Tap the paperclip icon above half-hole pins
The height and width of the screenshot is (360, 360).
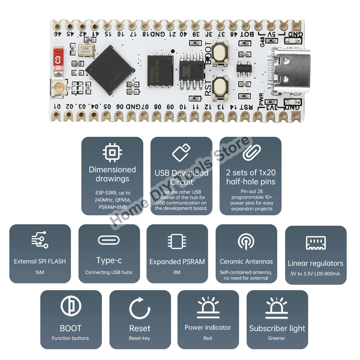251,152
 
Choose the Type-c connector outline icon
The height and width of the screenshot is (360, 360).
109,240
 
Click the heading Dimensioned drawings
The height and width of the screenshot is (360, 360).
112,174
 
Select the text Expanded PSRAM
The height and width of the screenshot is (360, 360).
177,262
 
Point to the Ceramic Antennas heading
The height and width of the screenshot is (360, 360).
246,262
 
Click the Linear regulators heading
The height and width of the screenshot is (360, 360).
315,263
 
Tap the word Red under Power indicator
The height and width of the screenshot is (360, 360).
208,338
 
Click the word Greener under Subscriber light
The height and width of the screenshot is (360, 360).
276,338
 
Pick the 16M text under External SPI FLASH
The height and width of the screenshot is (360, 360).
40,272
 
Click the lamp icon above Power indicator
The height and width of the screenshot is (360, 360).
208,308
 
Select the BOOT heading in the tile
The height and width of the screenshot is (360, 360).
71,328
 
